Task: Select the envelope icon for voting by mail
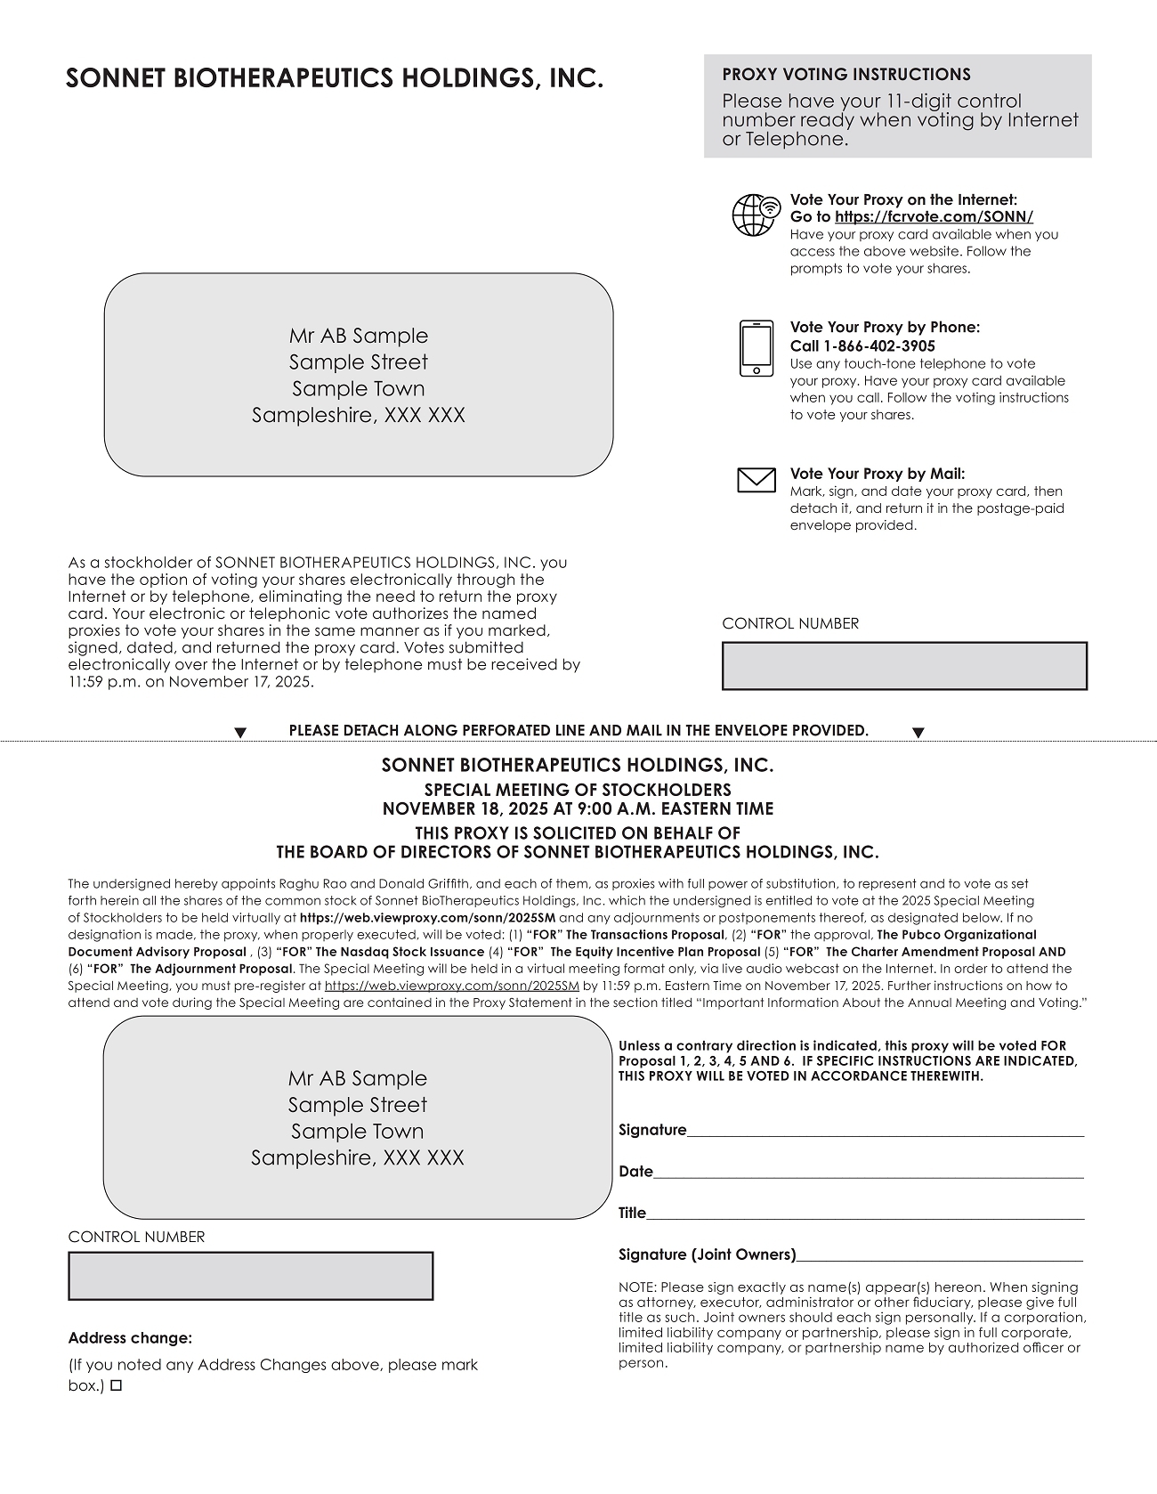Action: pos(756,480)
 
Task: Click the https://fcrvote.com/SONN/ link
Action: pos(934,216)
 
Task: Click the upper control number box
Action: pos(904,666)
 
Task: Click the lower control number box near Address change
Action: pos(250,1276)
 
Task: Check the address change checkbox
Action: pos(116,1386)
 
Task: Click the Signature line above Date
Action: pos(886,1131)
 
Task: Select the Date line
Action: pos(868,1172)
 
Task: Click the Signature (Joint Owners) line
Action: pos(939,1254)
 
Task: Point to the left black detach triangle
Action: pos(239,733)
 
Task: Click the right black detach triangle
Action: pos(918,733)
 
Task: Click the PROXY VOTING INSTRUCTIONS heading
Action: pos(845,75)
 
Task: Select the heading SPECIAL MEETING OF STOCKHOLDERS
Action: pos(578,790)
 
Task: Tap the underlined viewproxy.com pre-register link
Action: pos(451,986)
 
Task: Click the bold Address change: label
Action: pos(130,1337)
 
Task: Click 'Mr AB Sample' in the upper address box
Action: pos(358,336)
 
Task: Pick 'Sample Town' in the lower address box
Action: pos(357,1131)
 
